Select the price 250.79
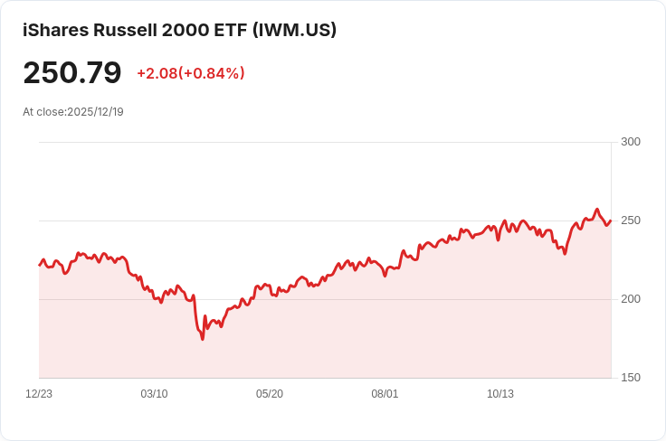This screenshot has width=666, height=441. click(x=72, y=72)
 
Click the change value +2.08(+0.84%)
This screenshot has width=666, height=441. click(x=190, y=73)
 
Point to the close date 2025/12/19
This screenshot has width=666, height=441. click(x=95, y=112)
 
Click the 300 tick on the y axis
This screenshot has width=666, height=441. click(x=631, y=142)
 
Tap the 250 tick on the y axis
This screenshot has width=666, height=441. click(x=631, y=220)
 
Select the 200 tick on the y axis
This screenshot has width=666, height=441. click(x=631, y=299)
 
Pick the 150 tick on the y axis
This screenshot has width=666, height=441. click(x=631, y=378)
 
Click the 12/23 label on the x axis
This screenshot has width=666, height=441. click(x=39, y=394)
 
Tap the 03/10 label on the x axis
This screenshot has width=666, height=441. click(x=154, y=394)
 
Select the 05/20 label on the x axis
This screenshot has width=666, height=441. click(x=270, y=394)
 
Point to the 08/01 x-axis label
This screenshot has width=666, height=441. click(x=385, y=394)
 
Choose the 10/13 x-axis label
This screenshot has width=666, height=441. click(x=500, y=394)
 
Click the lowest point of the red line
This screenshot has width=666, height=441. click(x=203, y=339)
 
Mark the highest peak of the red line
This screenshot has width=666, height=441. click(x=596, y=210)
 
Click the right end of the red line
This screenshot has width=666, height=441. click(x=611, y=220)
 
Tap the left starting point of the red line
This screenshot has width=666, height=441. click(x=40, y=265)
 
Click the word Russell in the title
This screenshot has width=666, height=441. click(x=129, y=30)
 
